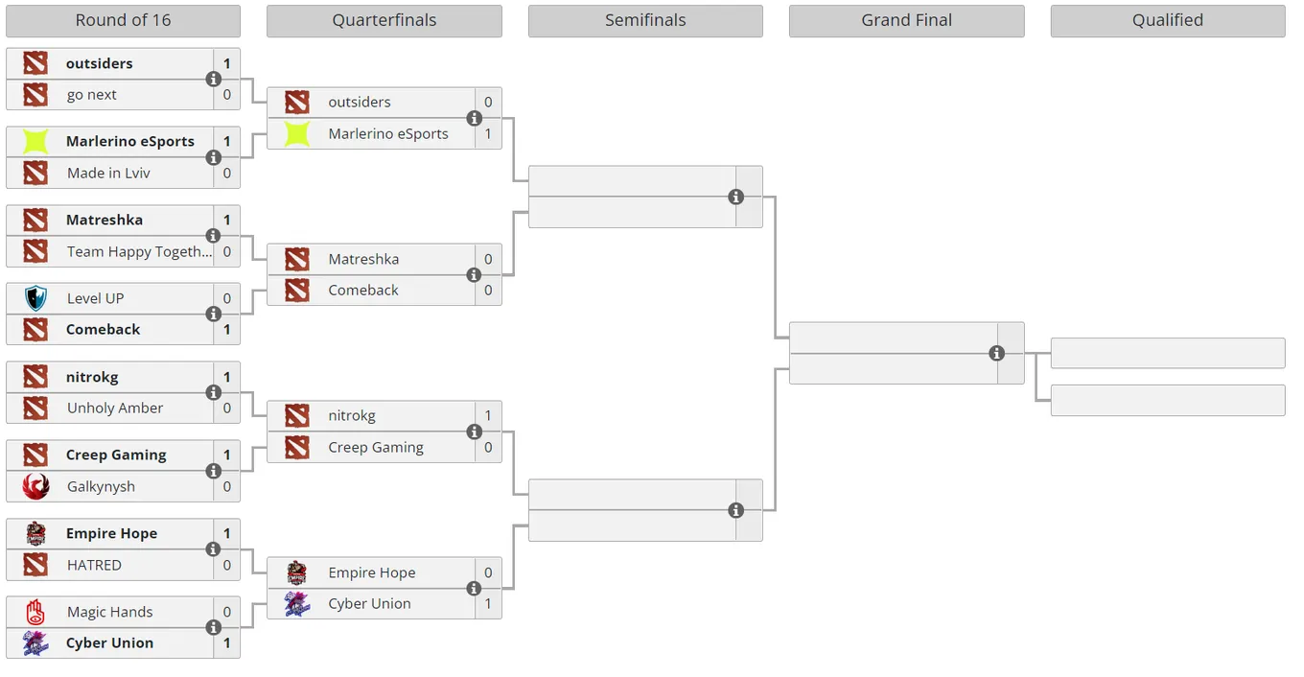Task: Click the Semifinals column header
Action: (645, 21)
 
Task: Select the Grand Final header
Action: (906, 21)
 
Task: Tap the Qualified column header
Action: (1168, 21)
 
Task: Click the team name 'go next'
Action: (91, 95)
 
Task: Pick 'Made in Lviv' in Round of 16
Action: (108, 173)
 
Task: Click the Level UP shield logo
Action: (35, 298)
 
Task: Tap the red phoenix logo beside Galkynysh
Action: (35, 486)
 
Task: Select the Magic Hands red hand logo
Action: (35, 612)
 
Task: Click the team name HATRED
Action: (94, 565)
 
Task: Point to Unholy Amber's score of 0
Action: (227, 409)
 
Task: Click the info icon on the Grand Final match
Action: (996, 353)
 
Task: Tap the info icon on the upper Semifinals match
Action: (735, 197)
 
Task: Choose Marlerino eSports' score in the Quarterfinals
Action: (488, 134)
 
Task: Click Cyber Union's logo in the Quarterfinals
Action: (297, 604)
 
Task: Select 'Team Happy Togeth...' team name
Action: (139, 251)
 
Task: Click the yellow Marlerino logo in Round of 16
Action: (35, 142)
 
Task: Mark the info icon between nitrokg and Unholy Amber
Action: (214, 392)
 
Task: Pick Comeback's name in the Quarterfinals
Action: (363, 290)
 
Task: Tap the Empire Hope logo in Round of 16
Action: (35, 533)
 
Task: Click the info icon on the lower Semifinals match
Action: (735, 510)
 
